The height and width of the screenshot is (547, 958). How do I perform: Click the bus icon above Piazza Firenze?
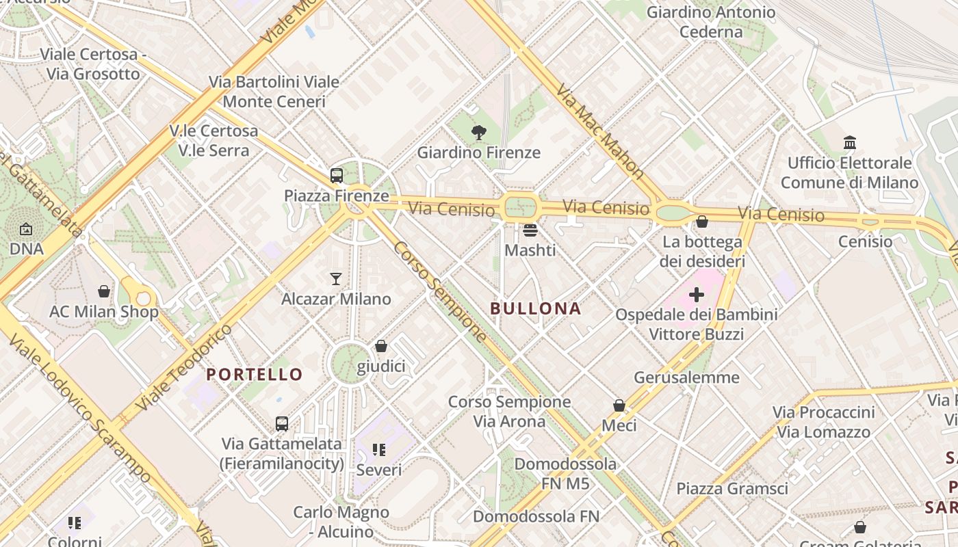(336, 176)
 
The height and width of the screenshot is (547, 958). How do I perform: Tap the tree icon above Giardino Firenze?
(479, 133)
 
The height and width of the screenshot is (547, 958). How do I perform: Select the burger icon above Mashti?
(530, 230)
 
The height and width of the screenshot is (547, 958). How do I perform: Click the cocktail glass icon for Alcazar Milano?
(336, 278)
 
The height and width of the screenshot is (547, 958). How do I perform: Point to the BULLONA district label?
(536, 308)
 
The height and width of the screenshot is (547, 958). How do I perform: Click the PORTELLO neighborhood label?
(255, 374)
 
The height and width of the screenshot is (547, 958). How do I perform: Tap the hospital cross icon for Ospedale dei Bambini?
(697, 295)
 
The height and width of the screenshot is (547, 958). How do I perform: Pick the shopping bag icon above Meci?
(619, 405)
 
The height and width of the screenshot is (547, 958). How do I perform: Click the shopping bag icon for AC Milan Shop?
(104, 291)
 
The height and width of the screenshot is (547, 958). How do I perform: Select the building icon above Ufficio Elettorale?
(850, 142)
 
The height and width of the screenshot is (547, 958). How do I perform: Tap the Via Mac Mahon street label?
(599, 131)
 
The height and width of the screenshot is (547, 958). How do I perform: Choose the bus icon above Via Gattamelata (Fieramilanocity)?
(282, 423)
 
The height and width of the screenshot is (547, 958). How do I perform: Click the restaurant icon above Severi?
(379, 450)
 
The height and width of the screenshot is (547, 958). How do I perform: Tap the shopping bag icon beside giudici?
(381, 347)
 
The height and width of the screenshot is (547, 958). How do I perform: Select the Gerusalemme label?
(686, 377)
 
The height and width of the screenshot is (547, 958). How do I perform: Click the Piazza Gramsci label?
(732, 488)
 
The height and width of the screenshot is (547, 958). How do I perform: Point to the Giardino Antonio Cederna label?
(711, 22)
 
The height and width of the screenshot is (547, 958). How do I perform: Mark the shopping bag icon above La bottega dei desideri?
(702, 222)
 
